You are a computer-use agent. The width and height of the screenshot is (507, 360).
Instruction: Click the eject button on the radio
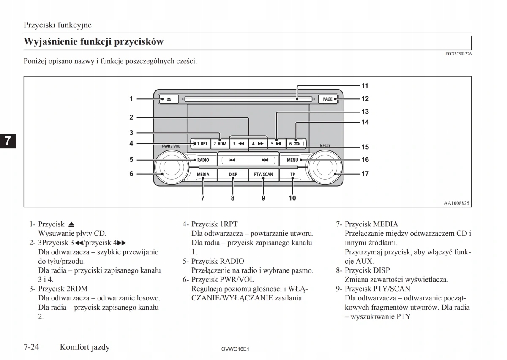[169, 99]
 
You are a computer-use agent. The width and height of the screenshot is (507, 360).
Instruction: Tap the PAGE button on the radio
[328, 99]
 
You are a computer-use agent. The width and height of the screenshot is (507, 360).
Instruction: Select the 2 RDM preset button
[220, 144]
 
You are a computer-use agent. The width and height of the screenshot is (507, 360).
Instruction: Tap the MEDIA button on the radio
[203, 174]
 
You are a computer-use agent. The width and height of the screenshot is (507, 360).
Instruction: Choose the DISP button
[233, 174]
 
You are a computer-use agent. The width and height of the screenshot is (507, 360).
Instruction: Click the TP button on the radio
[292, 174]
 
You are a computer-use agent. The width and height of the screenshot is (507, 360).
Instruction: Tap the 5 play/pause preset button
[276, 144]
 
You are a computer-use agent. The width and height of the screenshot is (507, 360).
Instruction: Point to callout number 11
[365, 86]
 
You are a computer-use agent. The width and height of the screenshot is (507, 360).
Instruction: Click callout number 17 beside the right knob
[365, 174]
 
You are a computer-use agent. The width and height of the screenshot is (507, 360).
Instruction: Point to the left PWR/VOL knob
[171, 168]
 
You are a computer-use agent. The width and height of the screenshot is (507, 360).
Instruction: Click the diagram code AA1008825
[456, 203]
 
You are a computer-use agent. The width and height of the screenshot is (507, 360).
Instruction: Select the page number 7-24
[32, 347]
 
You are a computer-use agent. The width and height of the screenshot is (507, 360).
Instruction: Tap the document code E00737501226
[458, 54]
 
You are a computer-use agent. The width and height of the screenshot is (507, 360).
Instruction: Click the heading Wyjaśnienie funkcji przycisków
[93, 42]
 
